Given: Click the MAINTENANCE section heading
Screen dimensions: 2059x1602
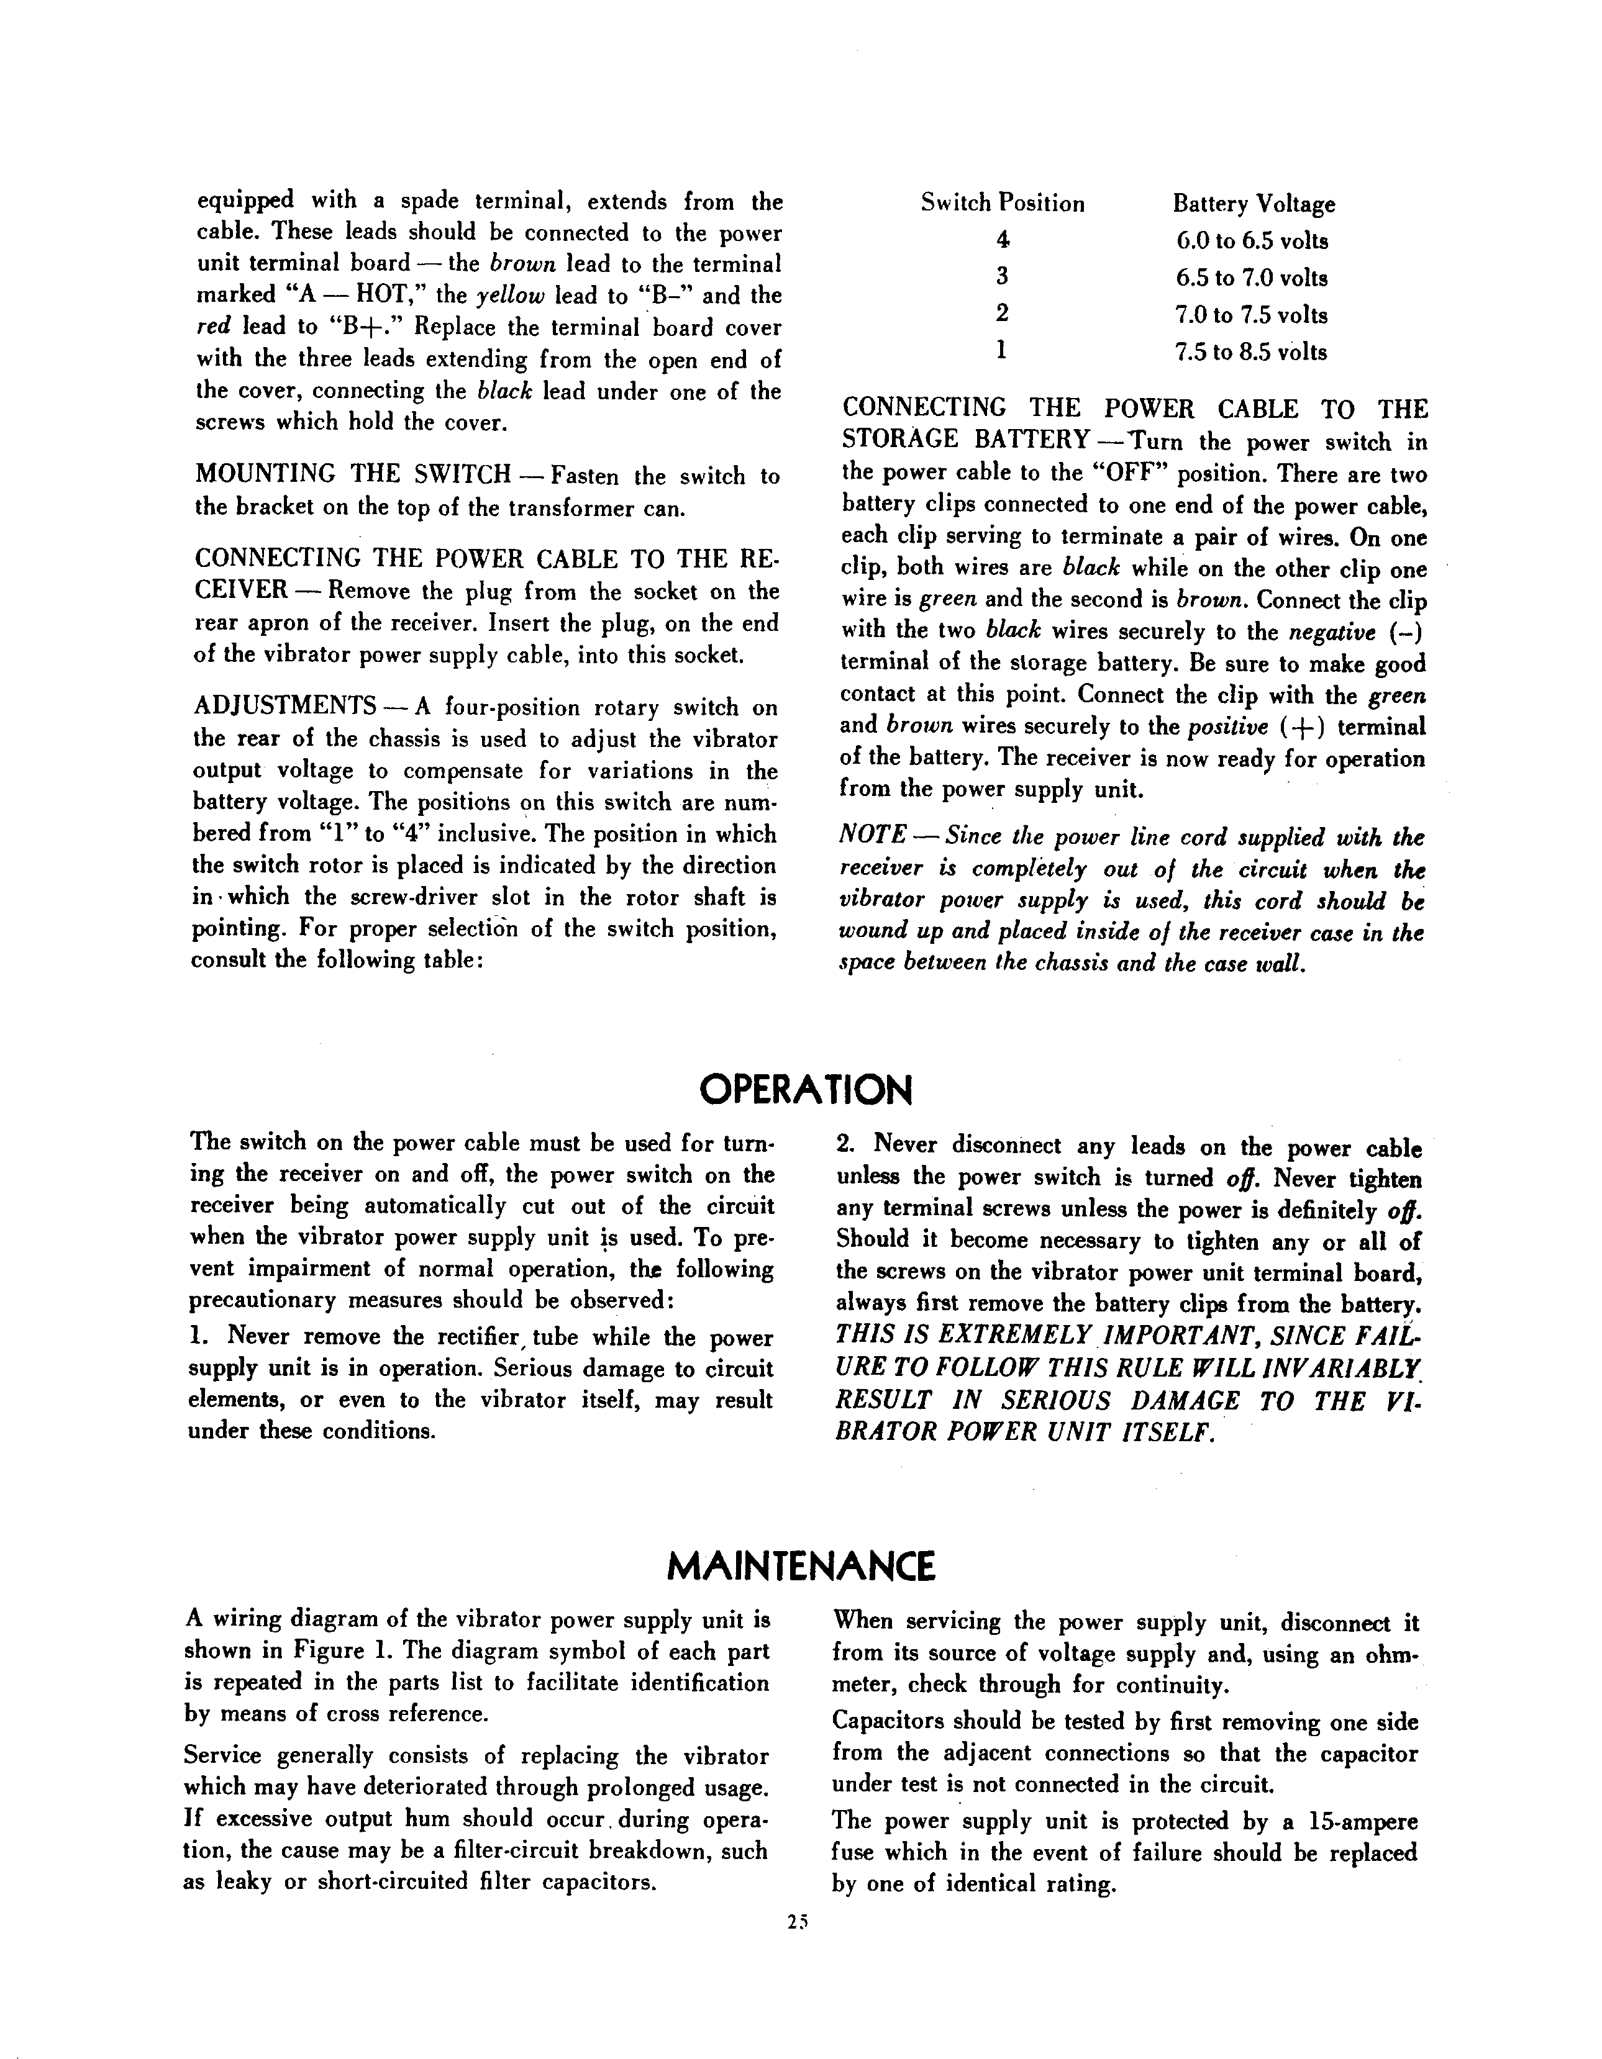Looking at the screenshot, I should coord(801,1566).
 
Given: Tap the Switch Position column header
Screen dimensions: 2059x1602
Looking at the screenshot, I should coord(1003,204).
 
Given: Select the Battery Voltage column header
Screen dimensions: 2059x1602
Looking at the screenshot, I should coord(1253,204).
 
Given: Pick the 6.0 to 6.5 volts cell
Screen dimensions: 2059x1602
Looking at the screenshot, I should coord(1251,242).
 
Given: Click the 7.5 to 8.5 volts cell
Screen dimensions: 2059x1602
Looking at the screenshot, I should coord(1251,353).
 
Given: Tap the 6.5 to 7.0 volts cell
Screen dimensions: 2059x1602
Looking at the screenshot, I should coord(1251,278).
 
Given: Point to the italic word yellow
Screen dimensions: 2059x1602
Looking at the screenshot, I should coord(510,296).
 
